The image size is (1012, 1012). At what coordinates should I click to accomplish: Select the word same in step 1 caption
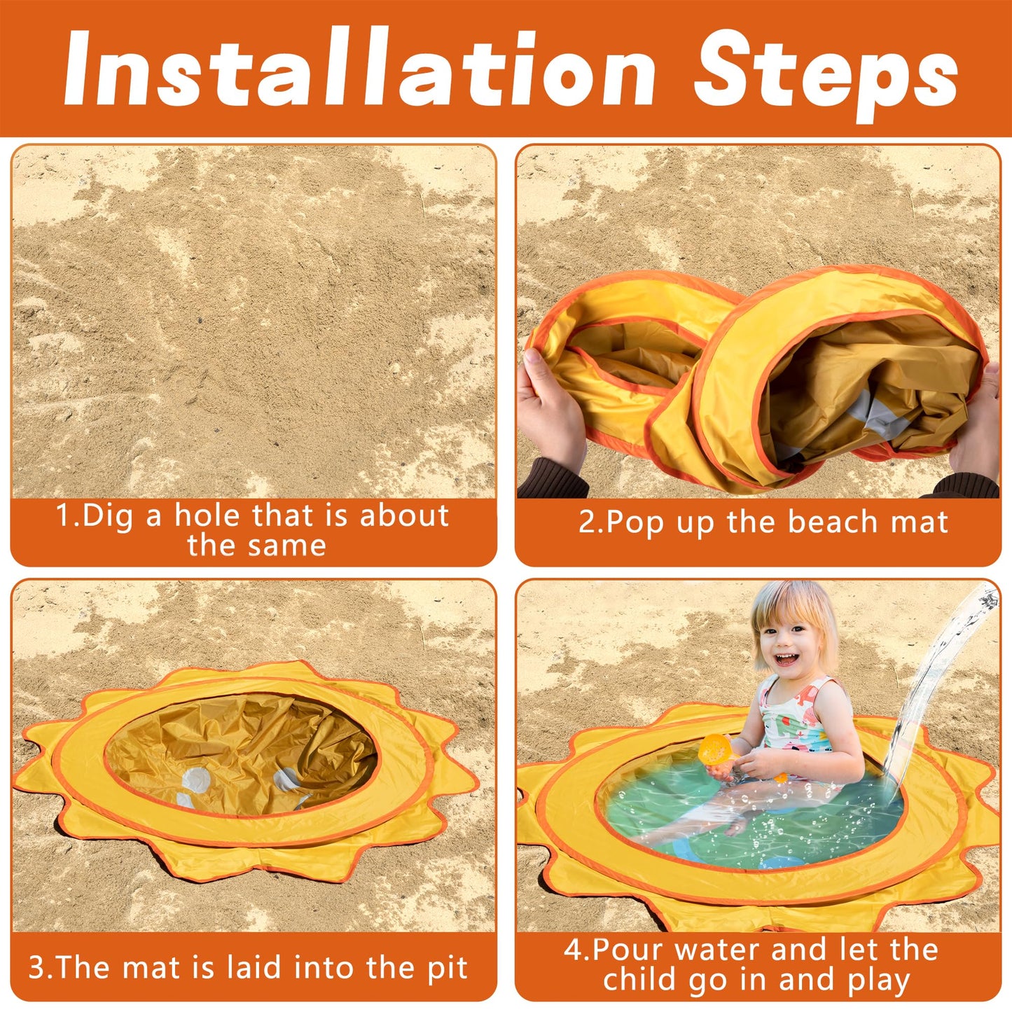tap(286, 546)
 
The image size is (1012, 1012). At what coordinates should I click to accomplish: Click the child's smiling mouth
tap(785, 658)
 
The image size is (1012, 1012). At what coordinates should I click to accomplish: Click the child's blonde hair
tap(793, 614)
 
